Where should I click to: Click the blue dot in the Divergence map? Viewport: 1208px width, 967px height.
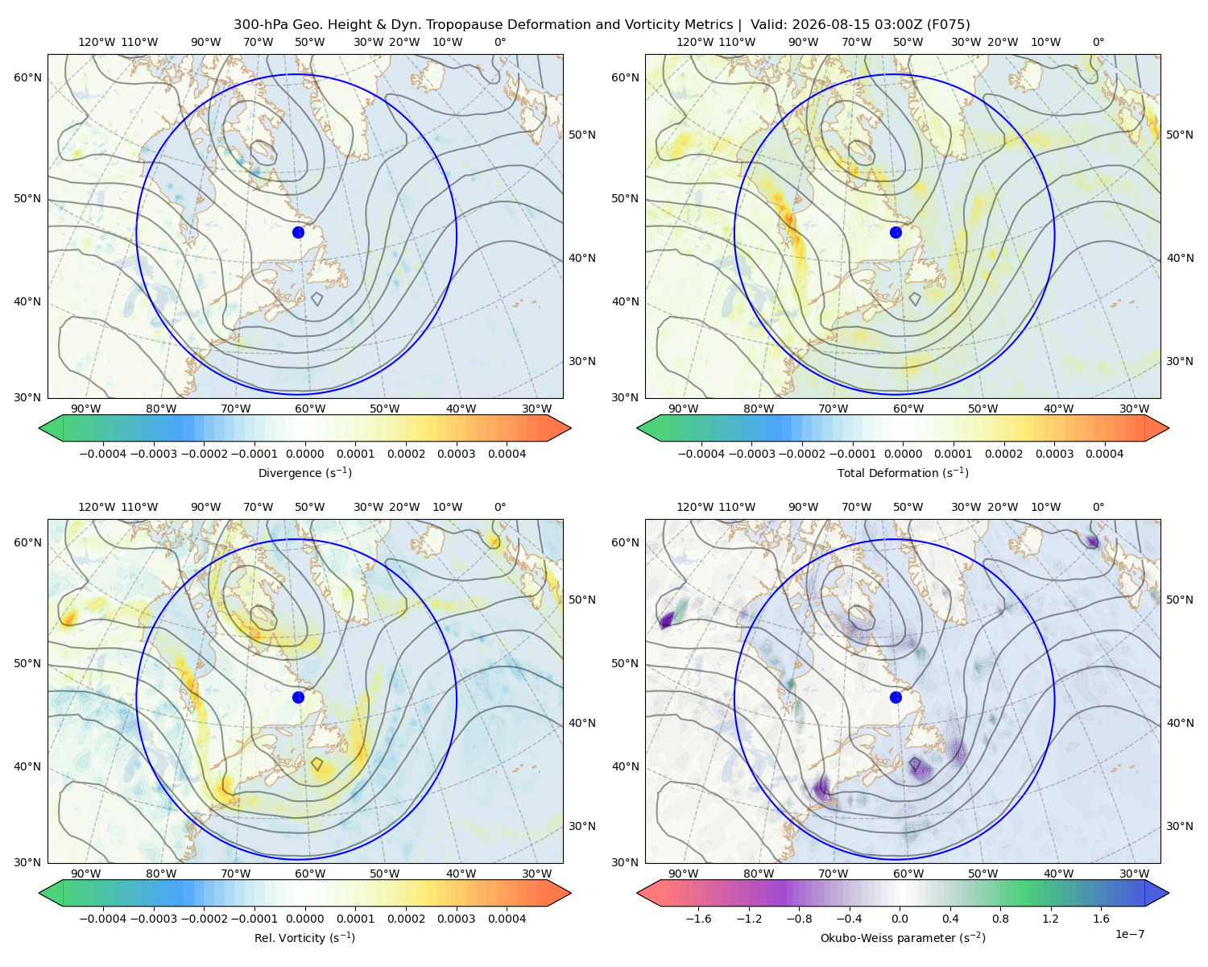(x=298, y=232)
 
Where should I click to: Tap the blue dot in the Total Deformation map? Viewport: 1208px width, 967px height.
(x=896, y=232)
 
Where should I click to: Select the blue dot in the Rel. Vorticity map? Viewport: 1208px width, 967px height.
(x=298, y=697)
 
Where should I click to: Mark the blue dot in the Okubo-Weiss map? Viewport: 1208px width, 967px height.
(x=896, y=697)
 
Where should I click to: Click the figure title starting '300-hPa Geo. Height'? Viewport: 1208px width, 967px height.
(x=602, y=24)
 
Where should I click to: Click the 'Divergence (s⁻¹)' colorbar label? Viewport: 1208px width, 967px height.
(x=304, y=472)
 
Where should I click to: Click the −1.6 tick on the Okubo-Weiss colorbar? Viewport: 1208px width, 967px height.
(x=698, y=919)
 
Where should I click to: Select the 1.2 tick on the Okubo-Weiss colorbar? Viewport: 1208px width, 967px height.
(x=1050, y=919)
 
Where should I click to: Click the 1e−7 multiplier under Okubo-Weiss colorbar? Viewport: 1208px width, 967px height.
(x=1129, y=934)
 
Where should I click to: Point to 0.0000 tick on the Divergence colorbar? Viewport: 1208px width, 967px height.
(x=304, y=454)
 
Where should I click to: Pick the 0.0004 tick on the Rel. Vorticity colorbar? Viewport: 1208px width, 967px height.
(x=507, y=919)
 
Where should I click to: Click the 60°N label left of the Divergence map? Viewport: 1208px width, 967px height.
(x=27, y=77)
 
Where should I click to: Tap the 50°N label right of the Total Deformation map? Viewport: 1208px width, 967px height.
(x=1179, y=135)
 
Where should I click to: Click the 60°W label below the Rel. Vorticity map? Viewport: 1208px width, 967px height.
(x=310, y=874)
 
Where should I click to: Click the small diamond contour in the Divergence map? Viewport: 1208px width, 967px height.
(x=316, y=299)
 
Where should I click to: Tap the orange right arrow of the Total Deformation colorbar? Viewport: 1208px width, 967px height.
(x=1157, y=428)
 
